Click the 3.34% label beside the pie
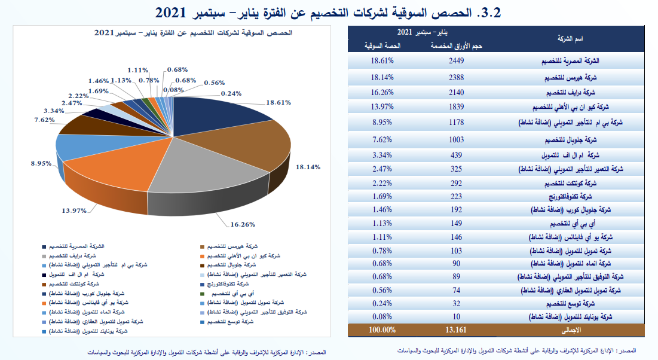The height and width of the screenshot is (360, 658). tap(55, 111)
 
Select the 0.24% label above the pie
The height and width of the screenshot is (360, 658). tap(231, 93)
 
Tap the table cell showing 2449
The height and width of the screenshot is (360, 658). tap(457, 61)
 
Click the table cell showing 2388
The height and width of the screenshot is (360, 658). tap(457, 77)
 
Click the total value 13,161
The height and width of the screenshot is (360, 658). tap(457, 330)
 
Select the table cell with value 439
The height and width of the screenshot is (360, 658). tap(457, 154)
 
